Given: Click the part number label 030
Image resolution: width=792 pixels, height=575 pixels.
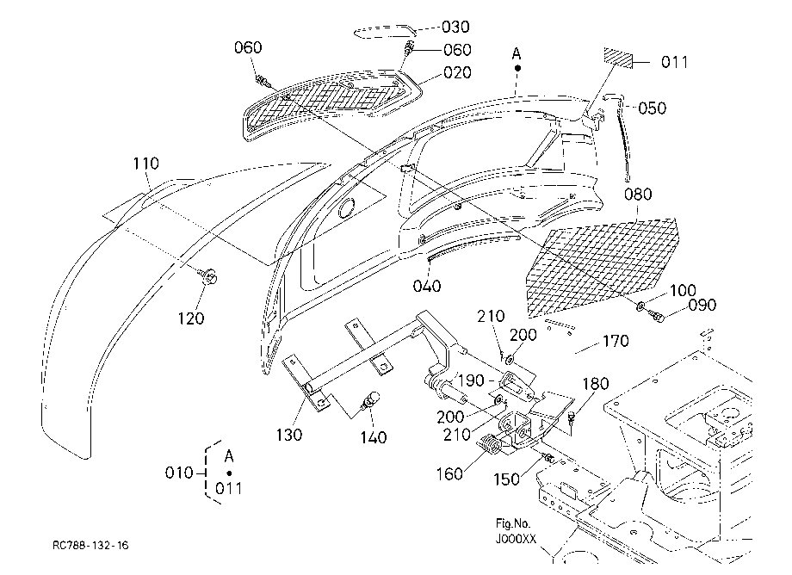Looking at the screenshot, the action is click(455, 27).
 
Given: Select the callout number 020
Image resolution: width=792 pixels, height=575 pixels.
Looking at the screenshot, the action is click(457, 72).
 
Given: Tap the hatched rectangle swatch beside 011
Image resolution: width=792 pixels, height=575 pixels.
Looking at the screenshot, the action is click(618, 58).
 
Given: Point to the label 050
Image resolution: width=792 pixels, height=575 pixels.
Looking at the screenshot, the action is click(652, 108).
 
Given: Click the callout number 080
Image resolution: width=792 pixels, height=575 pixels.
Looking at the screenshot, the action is click(638, 195).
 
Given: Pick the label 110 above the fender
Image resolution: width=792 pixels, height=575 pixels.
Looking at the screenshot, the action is click(146, 164).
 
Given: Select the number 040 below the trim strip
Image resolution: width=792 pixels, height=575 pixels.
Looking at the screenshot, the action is click(427, 287).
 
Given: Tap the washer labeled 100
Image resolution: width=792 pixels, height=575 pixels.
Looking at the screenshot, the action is click(640, 306).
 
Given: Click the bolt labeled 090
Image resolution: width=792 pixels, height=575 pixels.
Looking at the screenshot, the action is click(656, 317).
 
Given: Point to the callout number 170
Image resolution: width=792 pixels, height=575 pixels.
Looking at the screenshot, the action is click(616, 342).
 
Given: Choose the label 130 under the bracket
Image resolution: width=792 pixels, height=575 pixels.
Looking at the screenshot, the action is click(289, 435).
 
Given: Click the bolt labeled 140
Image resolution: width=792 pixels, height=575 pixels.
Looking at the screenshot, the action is click(369, 400).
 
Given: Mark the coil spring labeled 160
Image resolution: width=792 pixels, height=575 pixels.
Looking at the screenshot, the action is click(490, 444).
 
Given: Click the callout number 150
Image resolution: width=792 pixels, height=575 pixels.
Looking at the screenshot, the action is click(506, 479).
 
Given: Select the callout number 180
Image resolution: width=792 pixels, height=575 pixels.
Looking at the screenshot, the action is click(596, 384).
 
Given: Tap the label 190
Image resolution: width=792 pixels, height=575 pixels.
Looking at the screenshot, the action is click(471, 380).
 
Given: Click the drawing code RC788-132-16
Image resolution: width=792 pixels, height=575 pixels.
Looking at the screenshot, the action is click(90, 545).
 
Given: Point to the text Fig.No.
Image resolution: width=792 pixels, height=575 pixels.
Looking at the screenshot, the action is click(513, 523).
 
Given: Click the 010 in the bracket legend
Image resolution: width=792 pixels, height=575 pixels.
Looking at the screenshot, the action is click(179, 473).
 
